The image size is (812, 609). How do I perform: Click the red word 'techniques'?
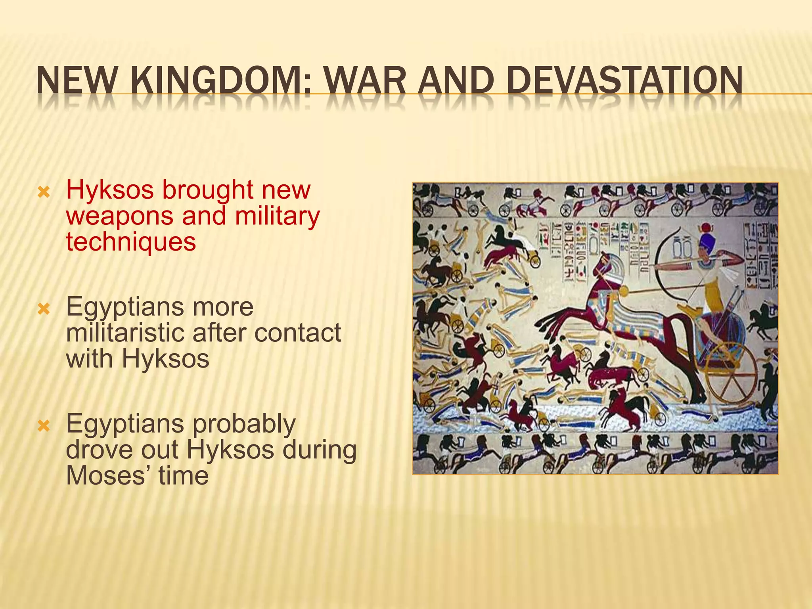point(131,242)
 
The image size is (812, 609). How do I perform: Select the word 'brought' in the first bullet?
point(208,190)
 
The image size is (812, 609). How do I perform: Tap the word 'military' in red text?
point(277,216)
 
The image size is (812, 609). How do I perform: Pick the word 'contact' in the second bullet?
point(297,333)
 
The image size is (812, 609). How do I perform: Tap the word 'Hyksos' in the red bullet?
point(110,190)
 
